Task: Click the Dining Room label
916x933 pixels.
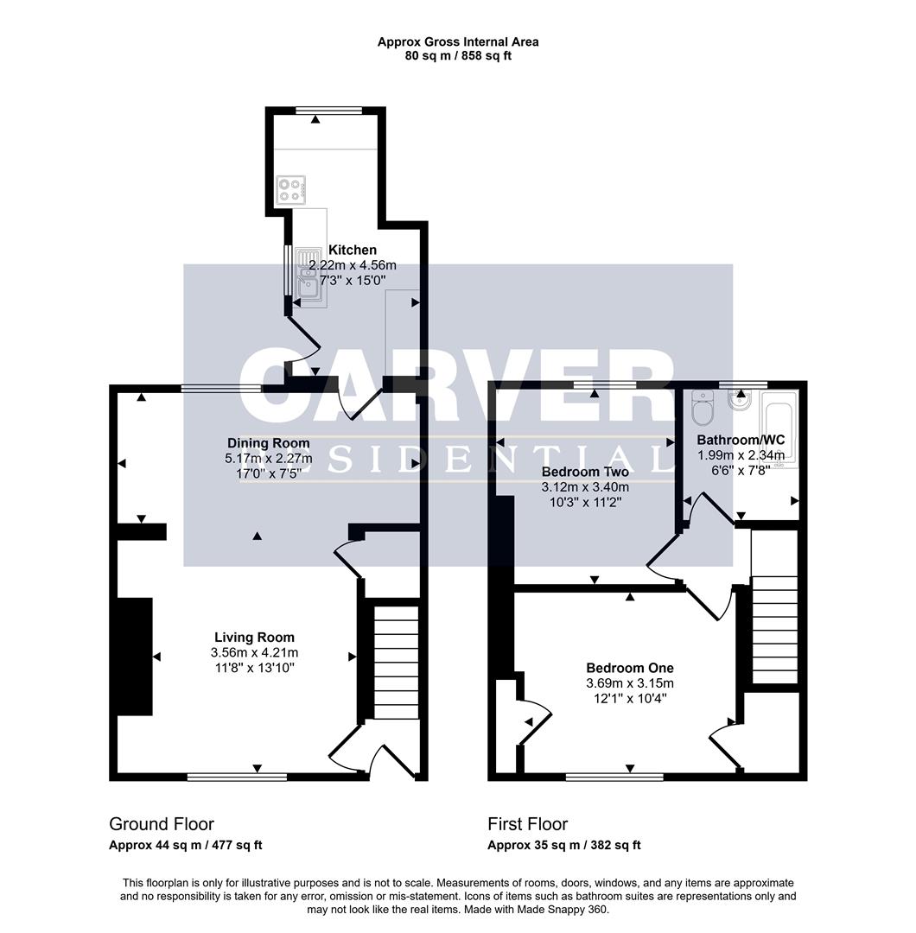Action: click(267, 443)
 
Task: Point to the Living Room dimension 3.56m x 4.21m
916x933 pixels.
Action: click(254, 653)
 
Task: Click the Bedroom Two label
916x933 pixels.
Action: click(585, 472)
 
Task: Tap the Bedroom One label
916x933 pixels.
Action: click(629, 668)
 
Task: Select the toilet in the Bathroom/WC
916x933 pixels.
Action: click(701, 409)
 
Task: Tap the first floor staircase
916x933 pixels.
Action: click(773, 608)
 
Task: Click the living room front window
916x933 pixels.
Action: click(237, 777)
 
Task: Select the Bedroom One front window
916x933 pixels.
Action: click(614, 777)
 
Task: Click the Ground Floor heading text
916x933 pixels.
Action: click(162, 824)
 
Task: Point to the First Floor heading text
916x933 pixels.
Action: click(527, 824)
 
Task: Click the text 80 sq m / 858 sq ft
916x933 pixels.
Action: click(458, 56)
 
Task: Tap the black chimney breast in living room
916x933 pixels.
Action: click(135, 656)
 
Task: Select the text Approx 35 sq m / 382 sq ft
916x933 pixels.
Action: click(563, 846)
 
